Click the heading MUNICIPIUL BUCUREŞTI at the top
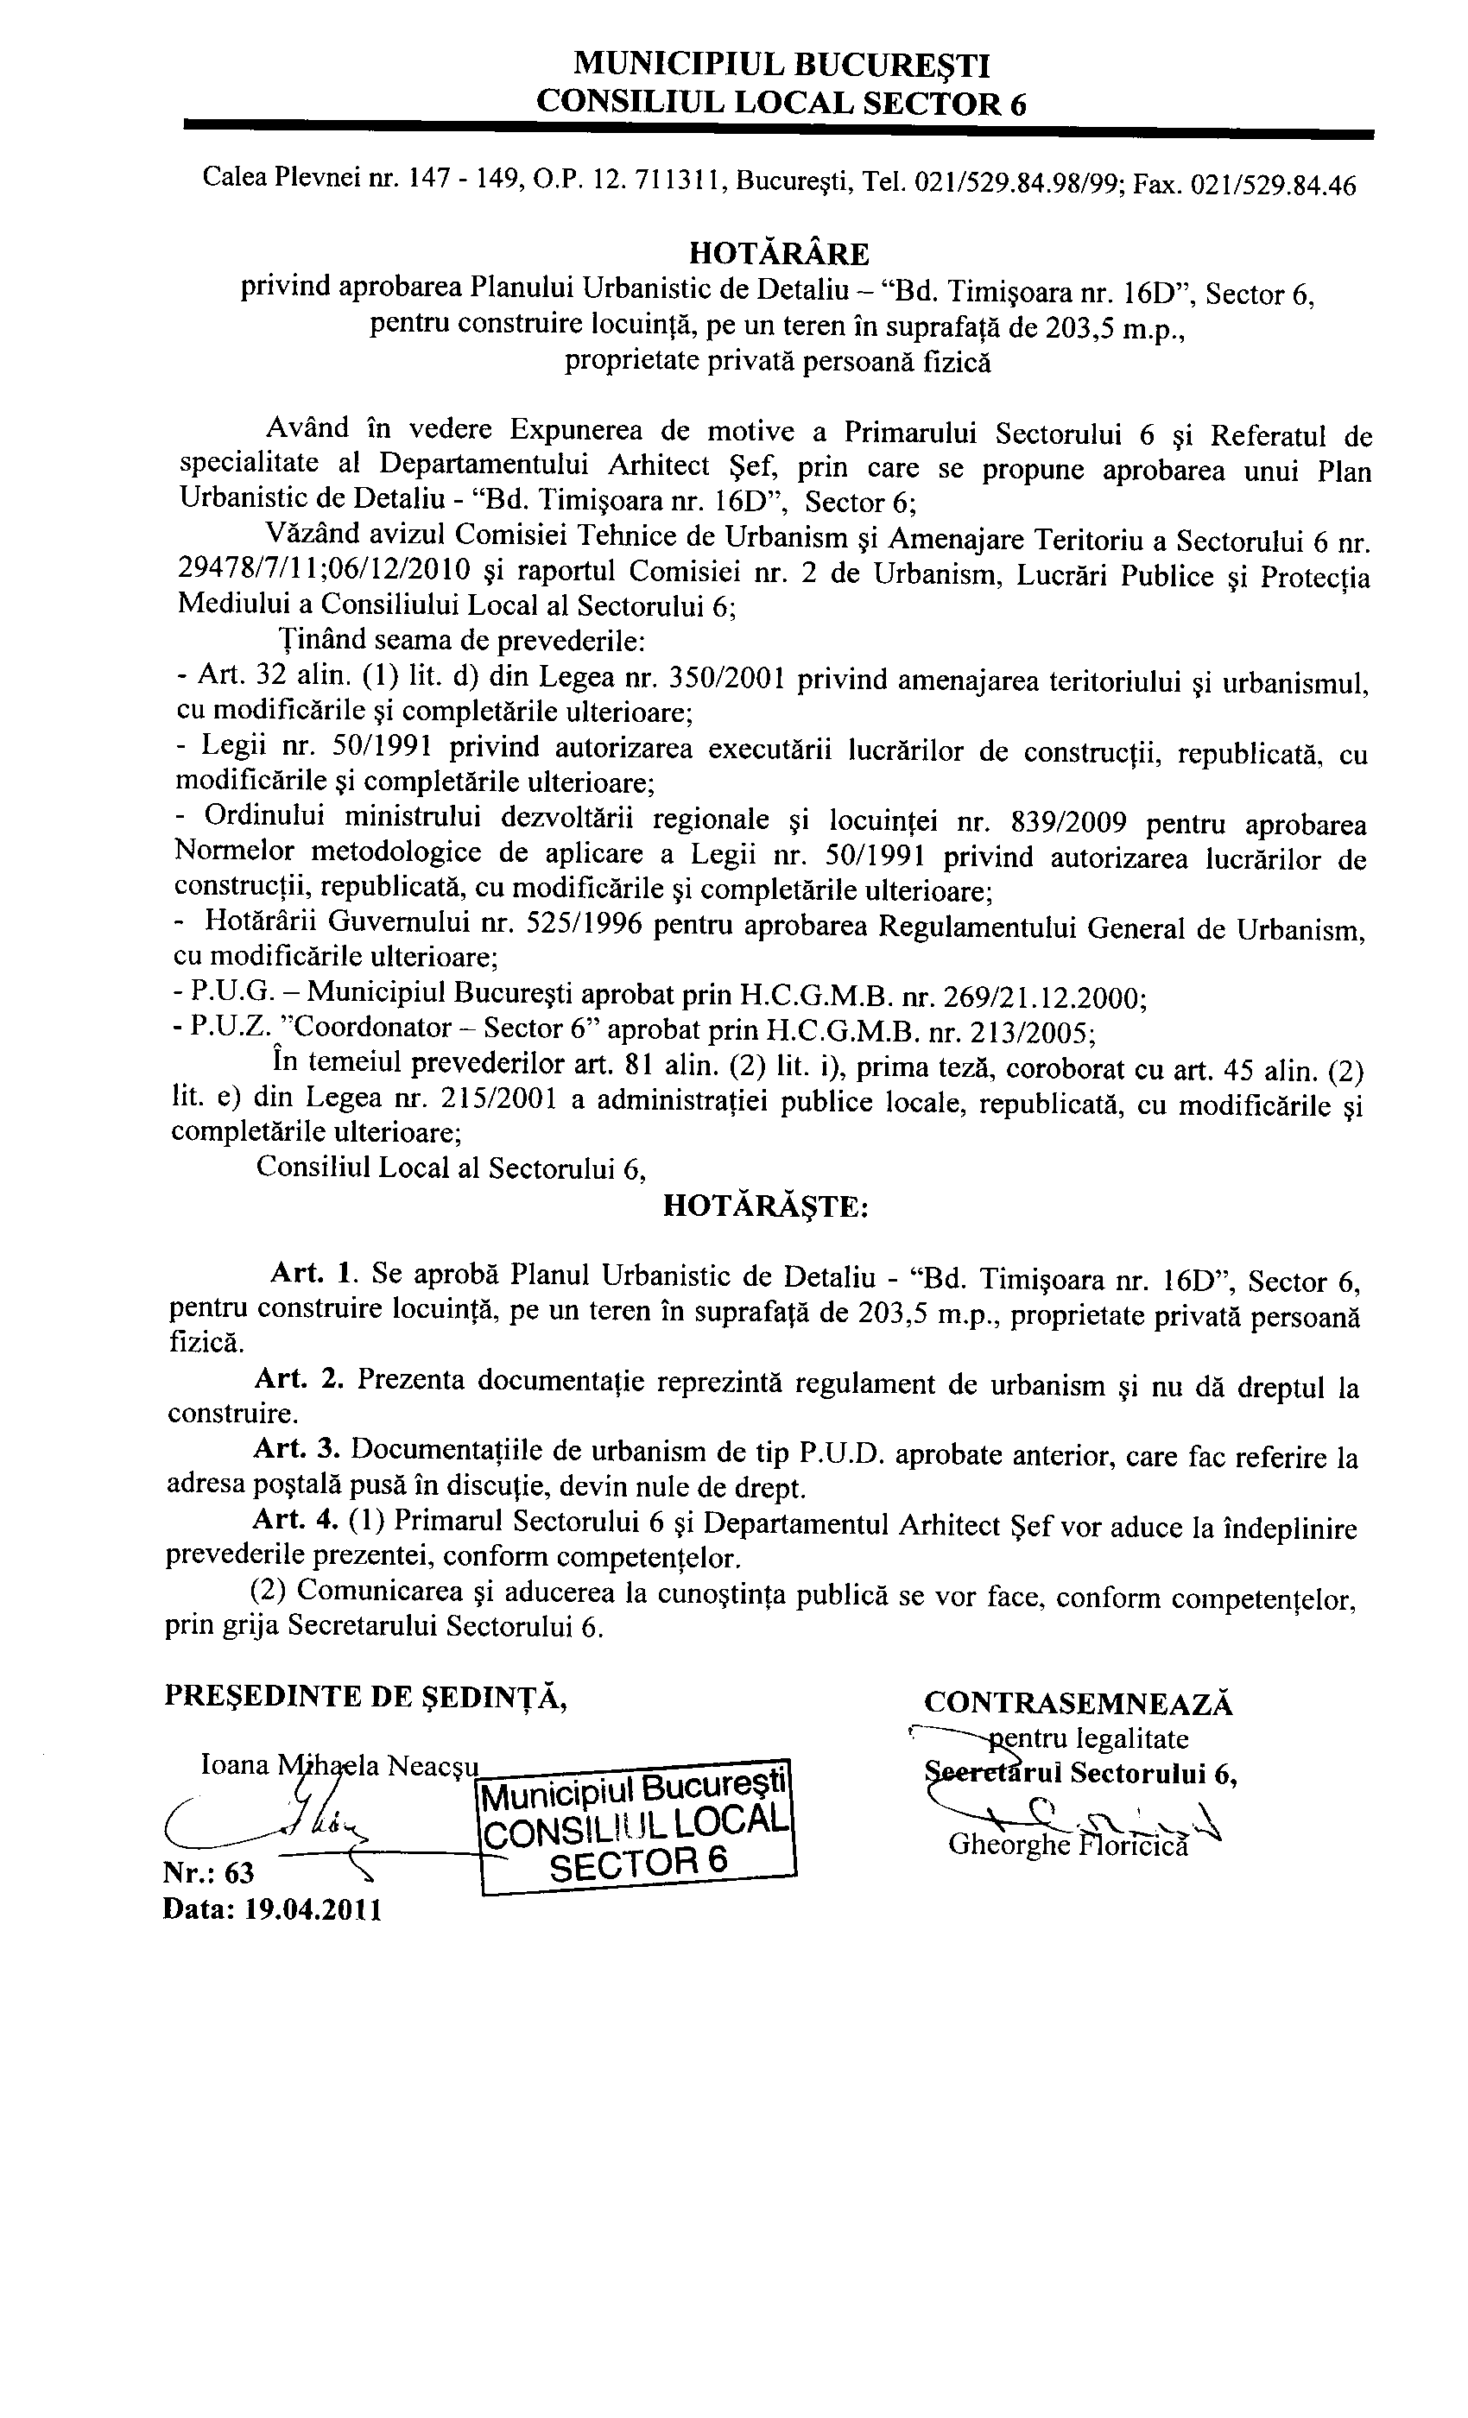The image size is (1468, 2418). (781, 66)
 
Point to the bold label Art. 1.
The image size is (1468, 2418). (310, 1274)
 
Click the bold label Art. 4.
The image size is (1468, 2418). (295, 1520)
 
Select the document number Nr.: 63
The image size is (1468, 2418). (209, 1873)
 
